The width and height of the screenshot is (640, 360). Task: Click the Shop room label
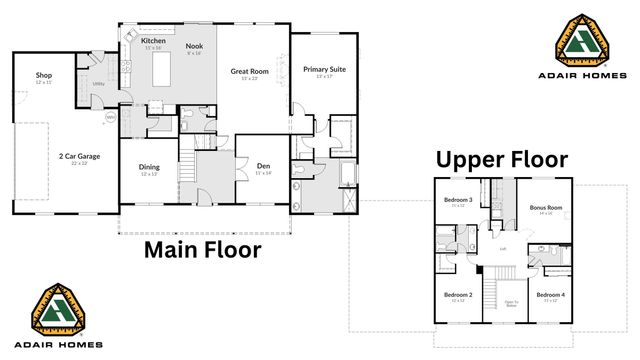pos(43,75)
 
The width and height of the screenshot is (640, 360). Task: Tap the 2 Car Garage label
pos(78,156)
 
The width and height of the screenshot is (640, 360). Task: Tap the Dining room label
pos(148,168)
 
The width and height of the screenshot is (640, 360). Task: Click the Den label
pos(264,166)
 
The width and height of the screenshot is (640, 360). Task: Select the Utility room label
pos(98,83)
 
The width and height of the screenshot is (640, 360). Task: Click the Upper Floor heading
pos(501,159)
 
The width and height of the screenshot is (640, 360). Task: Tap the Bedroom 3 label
pos(458,200)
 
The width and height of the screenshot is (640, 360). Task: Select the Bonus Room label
pos(546,208)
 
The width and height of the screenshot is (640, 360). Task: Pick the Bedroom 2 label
pos(457,295)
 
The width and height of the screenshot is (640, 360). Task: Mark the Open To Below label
pos(510,302)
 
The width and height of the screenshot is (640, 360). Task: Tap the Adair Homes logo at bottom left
pos(64,317)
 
